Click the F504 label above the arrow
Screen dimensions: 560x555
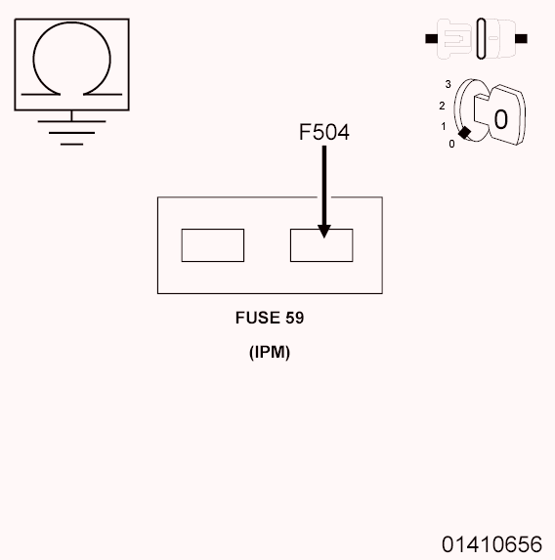point(323,131)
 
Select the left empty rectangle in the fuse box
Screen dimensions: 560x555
point(212,244)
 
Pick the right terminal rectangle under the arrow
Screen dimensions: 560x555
point(321,246)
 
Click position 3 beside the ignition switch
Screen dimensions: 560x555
point(448,86)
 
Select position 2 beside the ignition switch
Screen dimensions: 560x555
point(443,105)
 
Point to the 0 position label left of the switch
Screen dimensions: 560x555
point(450,144)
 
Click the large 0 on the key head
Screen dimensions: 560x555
point(500,119)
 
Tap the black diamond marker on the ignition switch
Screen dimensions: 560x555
point(466,133)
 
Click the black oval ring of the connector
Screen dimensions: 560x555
point(481,40)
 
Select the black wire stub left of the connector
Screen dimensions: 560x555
point(431,40)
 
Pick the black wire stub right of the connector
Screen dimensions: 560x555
point(522,40)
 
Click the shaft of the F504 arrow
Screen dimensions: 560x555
point(323,186)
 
